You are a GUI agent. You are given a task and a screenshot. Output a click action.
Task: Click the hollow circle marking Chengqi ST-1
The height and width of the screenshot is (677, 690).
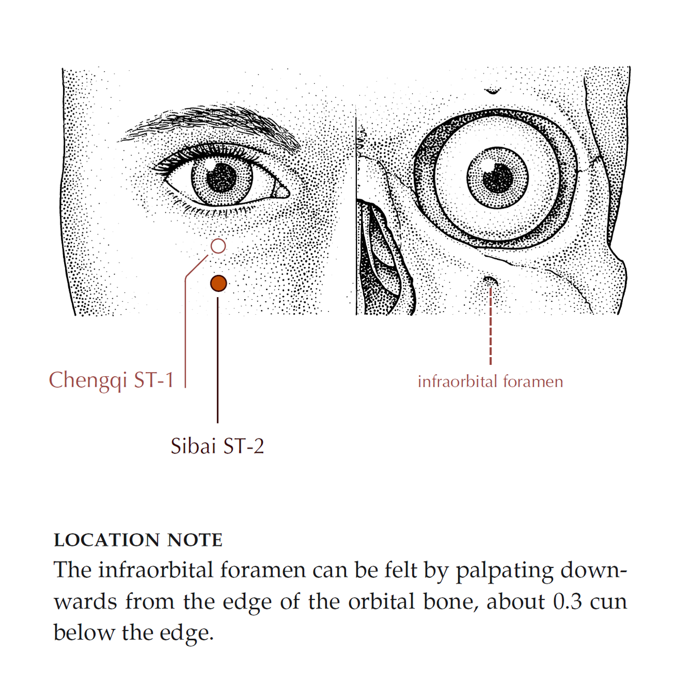click(218, 246)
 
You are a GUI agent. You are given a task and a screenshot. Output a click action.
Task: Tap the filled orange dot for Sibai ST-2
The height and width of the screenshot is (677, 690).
click(218, 283)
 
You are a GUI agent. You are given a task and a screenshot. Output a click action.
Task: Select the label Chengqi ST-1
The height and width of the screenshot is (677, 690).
click(111, 380)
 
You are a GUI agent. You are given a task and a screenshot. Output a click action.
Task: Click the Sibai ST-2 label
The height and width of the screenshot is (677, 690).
click(217, 446)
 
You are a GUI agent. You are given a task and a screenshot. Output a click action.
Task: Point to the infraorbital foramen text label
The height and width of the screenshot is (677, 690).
click(490, 382)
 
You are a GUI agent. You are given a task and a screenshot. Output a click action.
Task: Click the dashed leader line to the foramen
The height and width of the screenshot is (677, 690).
click(490, 326)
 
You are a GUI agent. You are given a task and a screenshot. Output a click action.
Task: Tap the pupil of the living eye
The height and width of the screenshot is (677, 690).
click(222, 177)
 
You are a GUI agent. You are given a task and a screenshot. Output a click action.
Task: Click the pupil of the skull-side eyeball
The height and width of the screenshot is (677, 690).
click(498, 179)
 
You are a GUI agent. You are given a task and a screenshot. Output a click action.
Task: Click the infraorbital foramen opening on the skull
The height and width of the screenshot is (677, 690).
click(489, 281)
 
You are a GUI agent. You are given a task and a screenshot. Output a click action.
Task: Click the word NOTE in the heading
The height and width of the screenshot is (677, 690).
click(194, 540)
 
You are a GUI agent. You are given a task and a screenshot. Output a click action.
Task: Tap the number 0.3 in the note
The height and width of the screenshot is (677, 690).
click(567, 601)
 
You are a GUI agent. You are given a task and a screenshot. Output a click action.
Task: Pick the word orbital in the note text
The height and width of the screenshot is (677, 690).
click(381, 601)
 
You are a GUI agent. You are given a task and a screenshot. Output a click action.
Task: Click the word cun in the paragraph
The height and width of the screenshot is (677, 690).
click(608, 601)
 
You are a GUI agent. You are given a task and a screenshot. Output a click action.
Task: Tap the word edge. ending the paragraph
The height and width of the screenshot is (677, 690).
click(187, 633)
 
